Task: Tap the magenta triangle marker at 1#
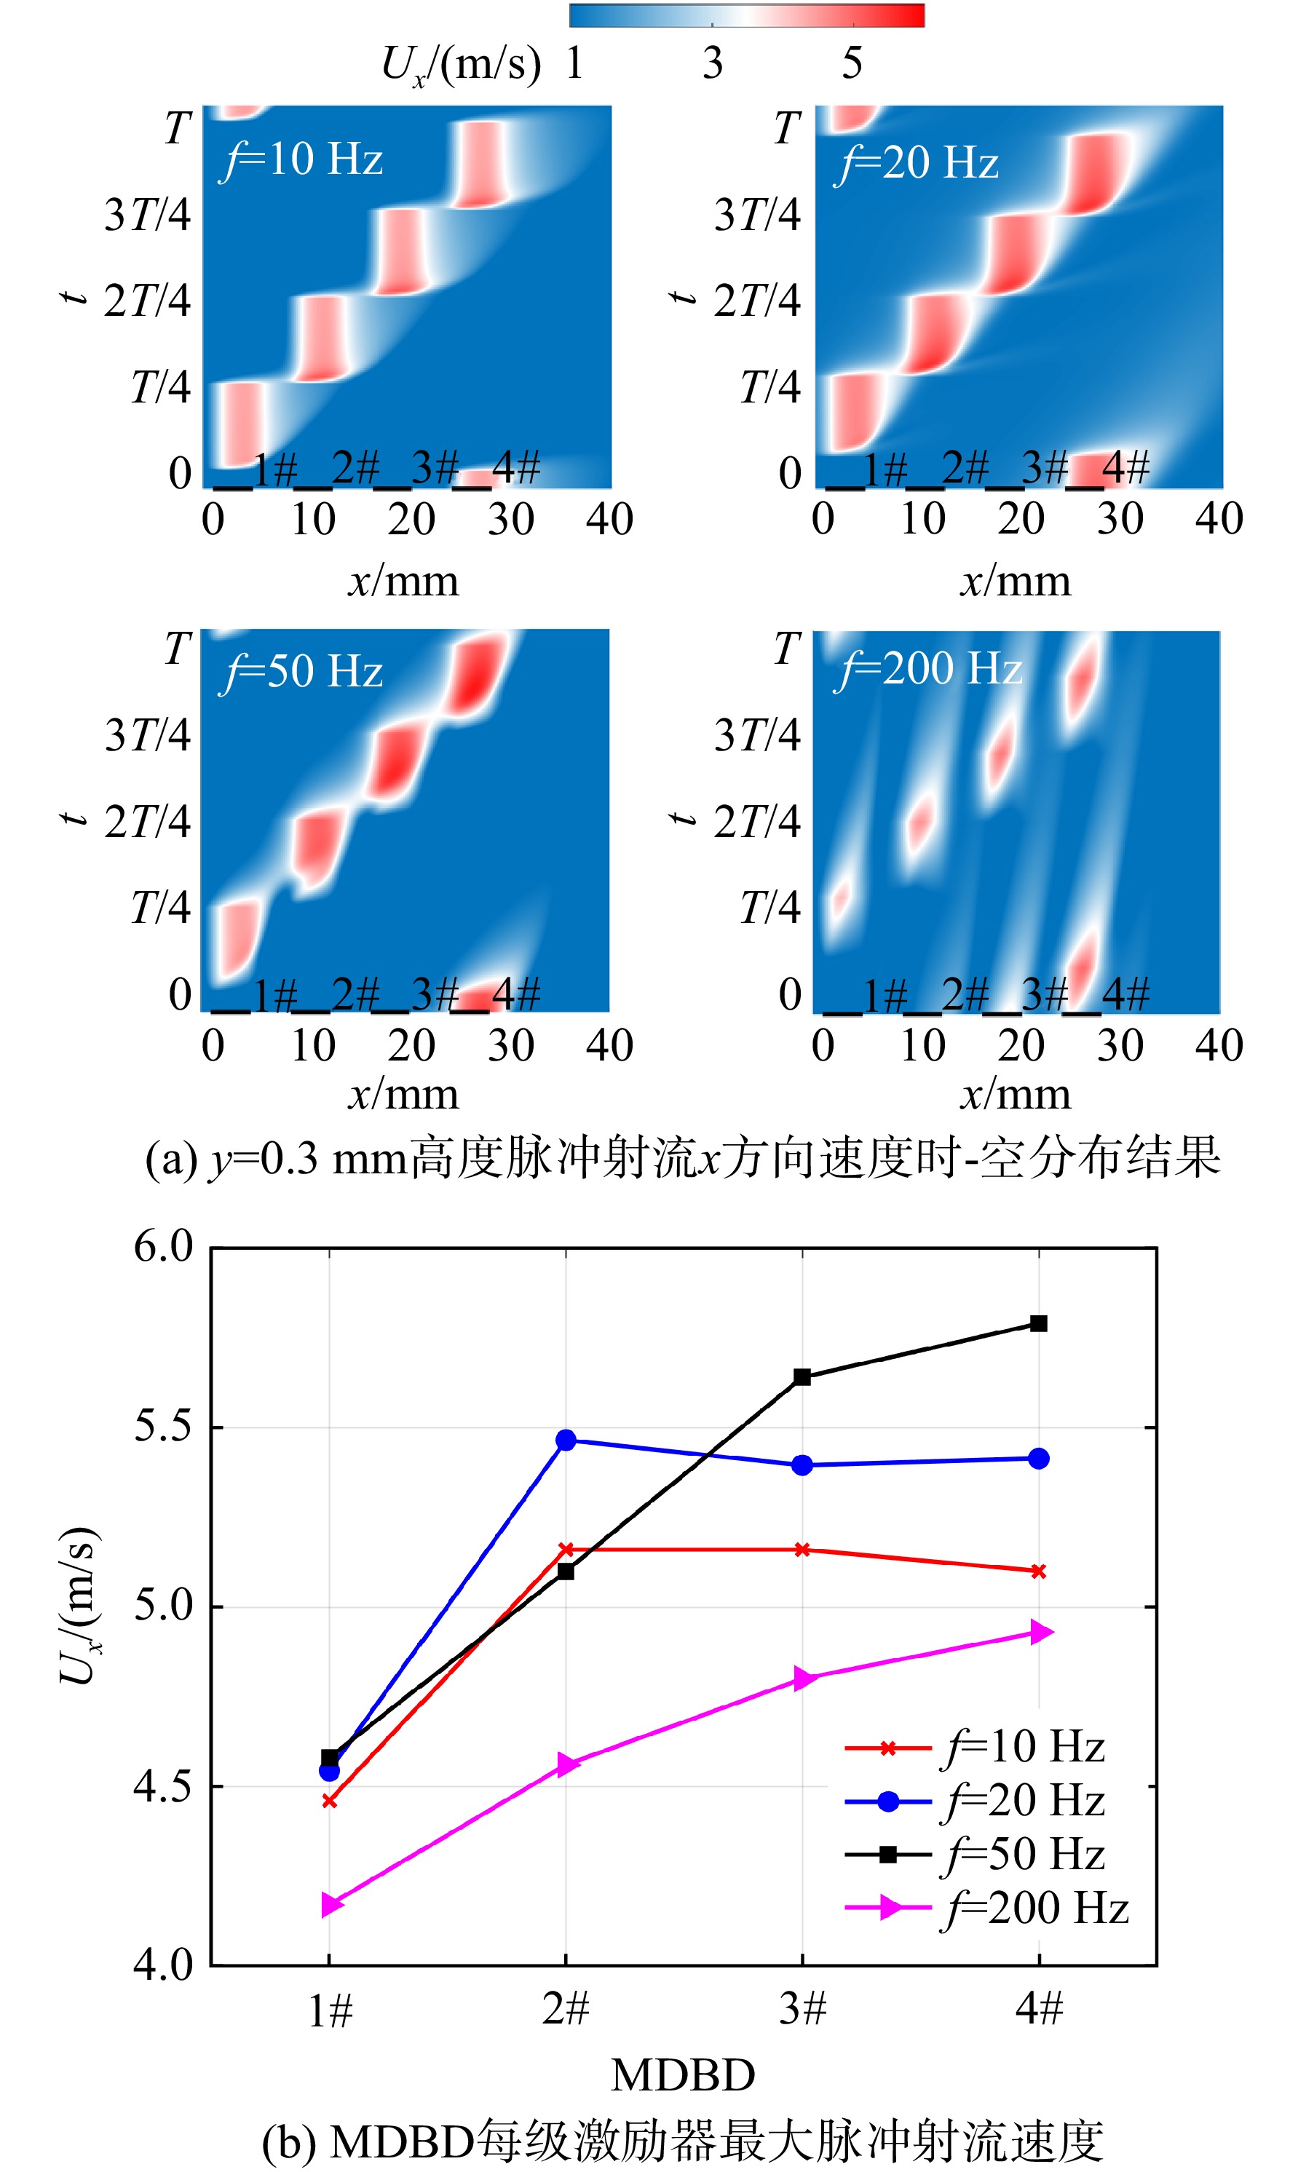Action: point(332,1905)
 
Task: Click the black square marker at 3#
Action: point(802,1376)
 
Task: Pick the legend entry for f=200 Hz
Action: point(987,1908)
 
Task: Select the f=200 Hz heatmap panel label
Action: point(927,669)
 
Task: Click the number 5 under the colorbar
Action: point(852,63)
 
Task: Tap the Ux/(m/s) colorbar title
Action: point(461,66)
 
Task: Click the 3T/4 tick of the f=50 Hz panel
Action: point(148,735)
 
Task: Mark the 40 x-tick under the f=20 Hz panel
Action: point(1219,519)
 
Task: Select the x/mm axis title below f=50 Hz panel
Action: point(403,1093)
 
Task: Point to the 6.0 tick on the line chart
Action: point(162,1246)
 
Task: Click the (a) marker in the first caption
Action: point(171,1159)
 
